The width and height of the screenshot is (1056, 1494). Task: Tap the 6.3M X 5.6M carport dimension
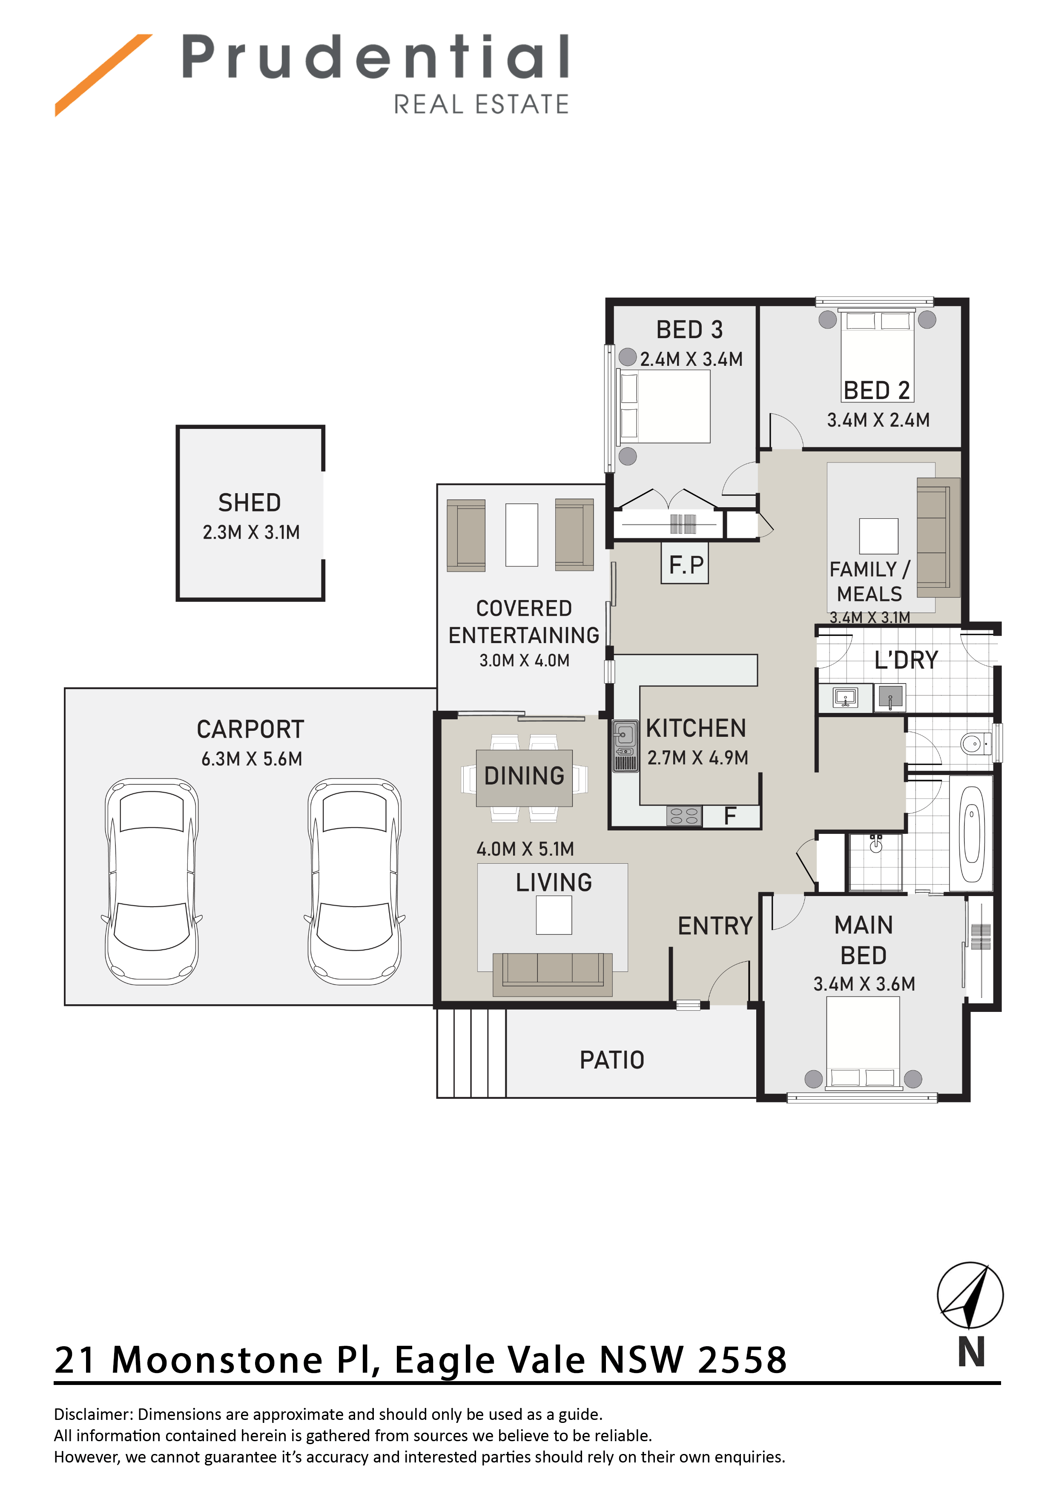pyautogui.click(x=251, y=759)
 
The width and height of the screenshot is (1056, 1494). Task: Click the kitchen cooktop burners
pyautogui.click(x=683, y=816)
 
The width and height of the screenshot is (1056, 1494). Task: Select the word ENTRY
pyautogui.click(x=715, y=926)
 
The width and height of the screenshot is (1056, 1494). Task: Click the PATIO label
pyautogui.click(x=611, y=1060)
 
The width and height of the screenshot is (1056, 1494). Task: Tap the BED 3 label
pyautogui.click(x=689, y=329)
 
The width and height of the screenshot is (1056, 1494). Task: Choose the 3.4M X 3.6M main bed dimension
pyautogui.click(x=864, y=984)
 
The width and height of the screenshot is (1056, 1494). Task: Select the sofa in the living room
pyautogui.click(x=552, y=974)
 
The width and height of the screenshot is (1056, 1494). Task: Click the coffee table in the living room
pyautogui.click(x=554, y=915)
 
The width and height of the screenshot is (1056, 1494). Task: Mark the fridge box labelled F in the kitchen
pyautogui.click(x=730, y=816)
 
